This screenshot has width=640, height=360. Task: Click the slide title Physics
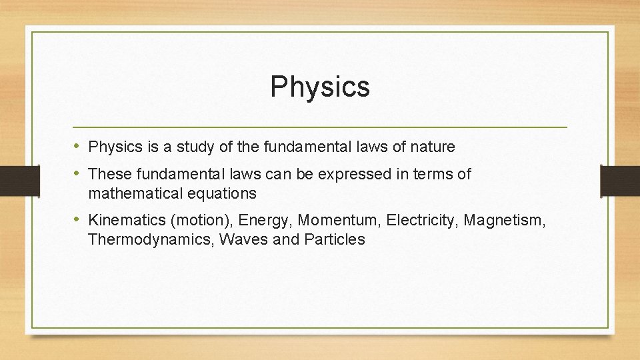point(320,87)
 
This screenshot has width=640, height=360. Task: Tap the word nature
point(433,147)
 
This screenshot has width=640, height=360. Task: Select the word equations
point(223,194)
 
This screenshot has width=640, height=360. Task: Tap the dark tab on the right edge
point(620,180)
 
